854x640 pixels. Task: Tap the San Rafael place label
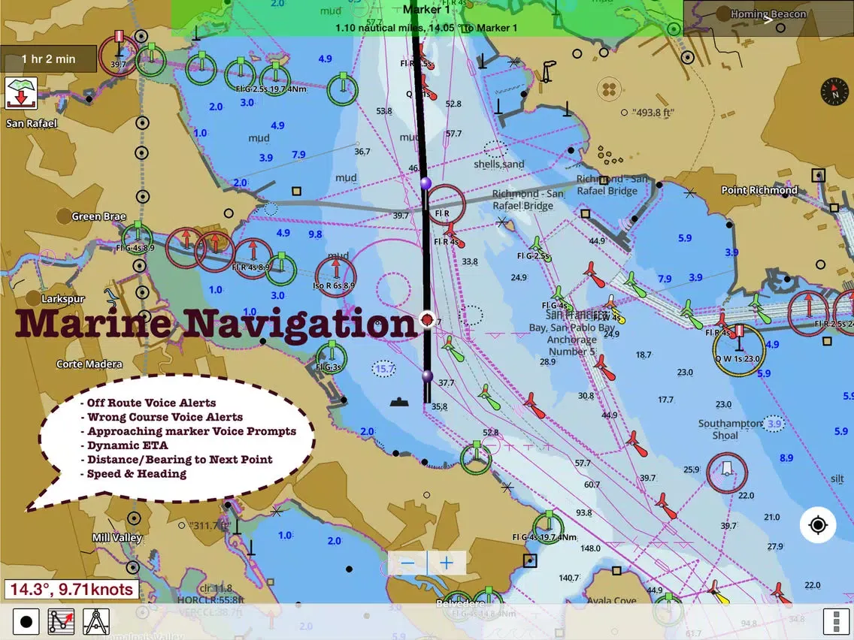[31, 123]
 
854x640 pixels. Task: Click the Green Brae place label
[98, 216]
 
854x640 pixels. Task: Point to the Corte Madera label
[89, 364]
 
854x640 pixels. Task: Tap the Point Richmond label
[759, 190]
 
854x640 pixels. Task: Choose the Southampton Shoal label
[730, 430]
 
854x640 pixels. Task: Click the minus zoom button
[408, 563]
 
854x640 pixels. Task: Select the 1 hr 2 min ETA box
[49, 59]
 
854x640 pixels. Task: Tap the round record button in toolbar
[26, 622]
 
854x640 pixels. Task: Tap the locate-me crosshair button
[818, 524]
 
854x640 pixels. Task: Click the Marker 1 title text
[427, 10]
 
